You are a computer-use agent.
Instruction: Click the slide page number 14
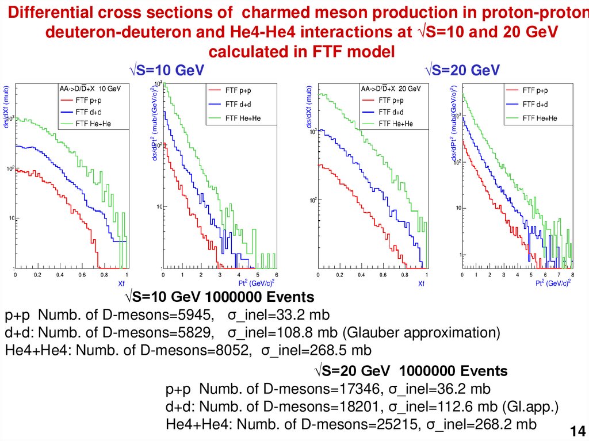coord(577,431)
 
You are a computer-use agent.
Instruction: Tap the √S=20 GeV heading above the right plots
coord(462,70)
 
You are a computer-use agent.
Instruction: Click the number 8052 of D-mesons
coord(232,350)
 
